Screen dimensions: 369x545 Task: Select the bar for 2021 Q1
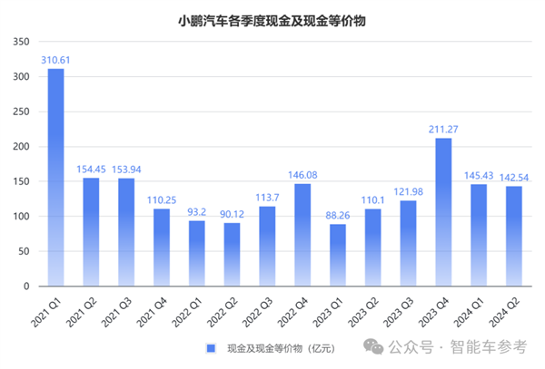coord(56,177)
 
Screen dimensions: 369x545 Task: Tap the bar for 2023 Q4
coord(444,212)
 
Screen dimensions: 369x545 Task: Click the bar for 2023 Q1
coord(338,255)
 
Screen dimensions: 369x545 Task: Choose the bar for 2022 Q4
coord(302,235)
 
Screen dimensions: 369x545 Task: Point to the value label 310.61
coord(56,59)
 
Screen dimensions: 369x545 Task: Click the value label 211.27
coord(444,129)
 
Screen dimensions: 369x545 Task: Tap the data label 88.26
coord(338,215)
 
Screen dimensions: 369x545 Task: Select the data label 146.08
coord(302,174)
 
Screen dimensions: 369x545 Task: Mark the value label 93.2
coord(197,211)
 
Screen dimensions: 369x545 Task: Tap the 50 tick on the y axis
coord(27,251)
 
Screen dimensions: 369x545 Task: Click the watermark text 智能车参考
coord(496,347)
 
